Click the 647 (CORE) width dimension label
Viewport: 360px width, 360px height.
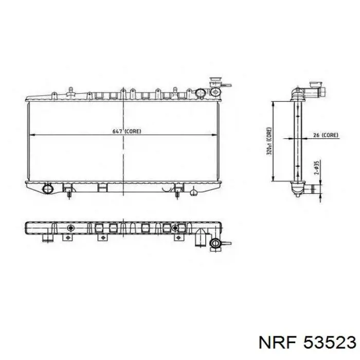point(127,131)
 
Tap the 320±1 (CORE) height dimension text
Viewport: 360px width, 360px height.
point(269,141)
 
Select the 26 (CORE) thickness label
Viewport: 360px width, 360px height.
point(326,135)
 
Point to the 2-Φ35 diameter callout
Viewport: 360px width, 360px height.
point(316,168)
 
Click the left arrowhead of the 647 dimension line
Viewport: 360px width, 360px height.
point(32,135)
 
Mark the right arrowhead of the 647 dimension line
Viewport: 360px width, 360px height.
point(214,135)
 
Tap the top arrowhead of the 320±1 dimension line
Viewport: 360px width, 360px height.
point(273,105)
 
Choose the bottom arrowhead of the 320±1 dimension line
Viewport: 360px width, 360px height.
point(273,178)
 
